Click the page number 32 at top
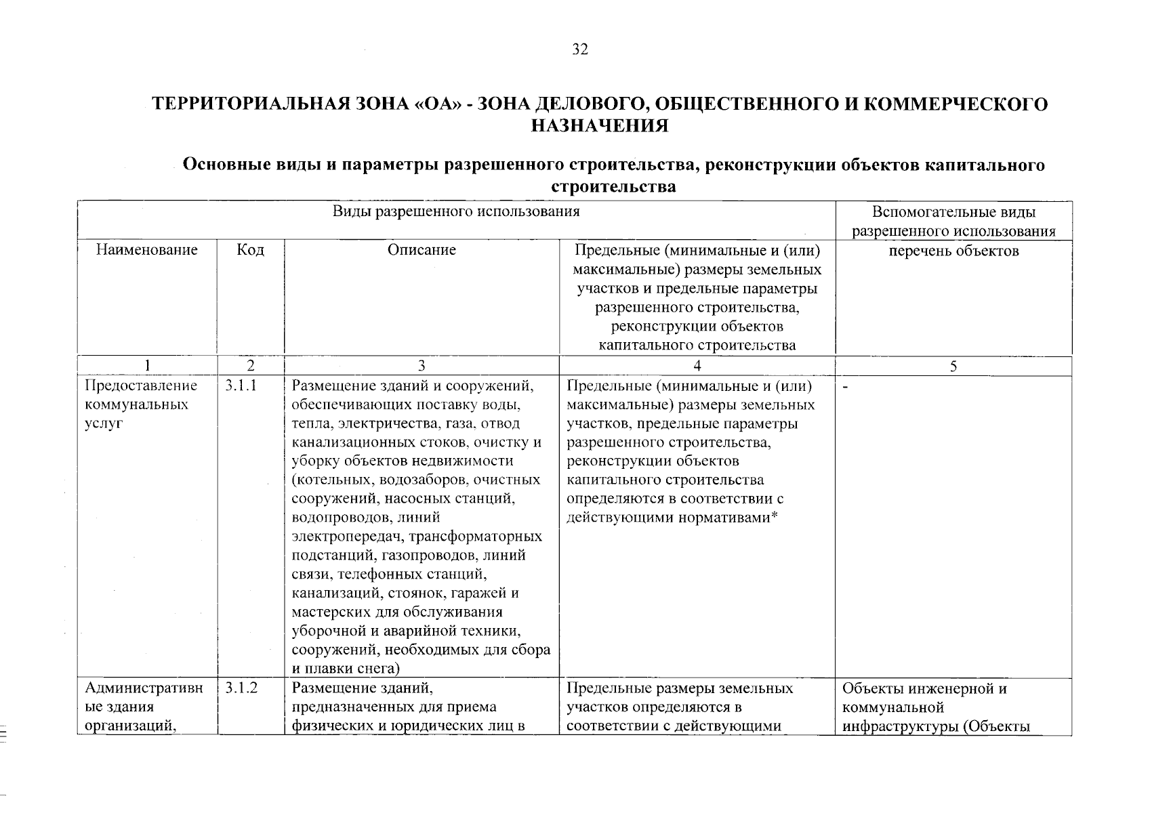(x=580, y=49)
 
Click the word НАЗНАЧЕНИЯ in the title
(x=600, y=126)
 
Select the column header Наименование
(x=147, y=250)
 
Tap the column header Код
(x=250, y=250)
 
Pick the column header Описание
(x=422, y=250)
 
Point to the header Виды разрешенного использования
(x=456, y=211)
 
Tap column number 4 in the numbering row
(x=697, y=367)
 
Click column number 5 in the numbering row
(x=953, y=367)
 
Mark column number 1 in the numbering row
(x=147, y=367)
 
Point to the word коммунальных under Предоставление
(x=137, y=404)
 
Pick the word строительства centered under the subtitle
(x=614, y=187)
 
